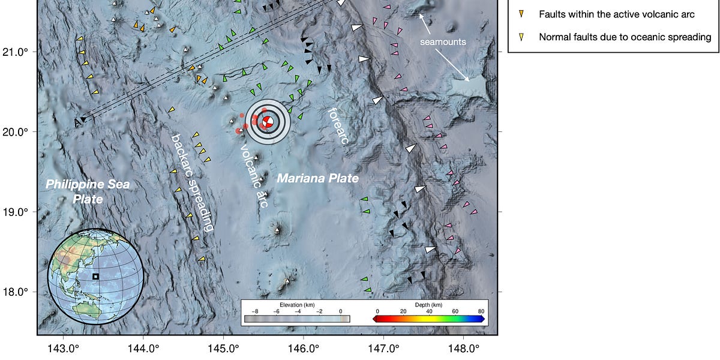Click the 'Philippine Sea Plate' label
pyautogui.click(x=88, y=191)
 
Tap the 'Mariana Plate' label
pyautogui.click(x=317, y=178)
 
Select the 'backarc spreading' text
pyautogui.click(x=191, y=182)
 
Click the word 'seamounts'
pyautogui.click(x=442, y=43)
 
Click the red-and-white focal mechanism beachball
pyautogui.click(x=268, y=122)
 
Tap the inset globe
pyautogui.click(x=95, y=276)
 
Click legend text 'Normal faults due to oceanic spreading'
pyautogui.click(x=625, y=37)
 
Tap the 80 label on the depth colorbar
pyautogui.click(x=481, y=311)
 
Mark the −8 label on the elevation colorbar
pyautogui.click(x=255, y=311)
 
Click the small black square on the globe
pyautogui.click(x=95, y=277)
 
